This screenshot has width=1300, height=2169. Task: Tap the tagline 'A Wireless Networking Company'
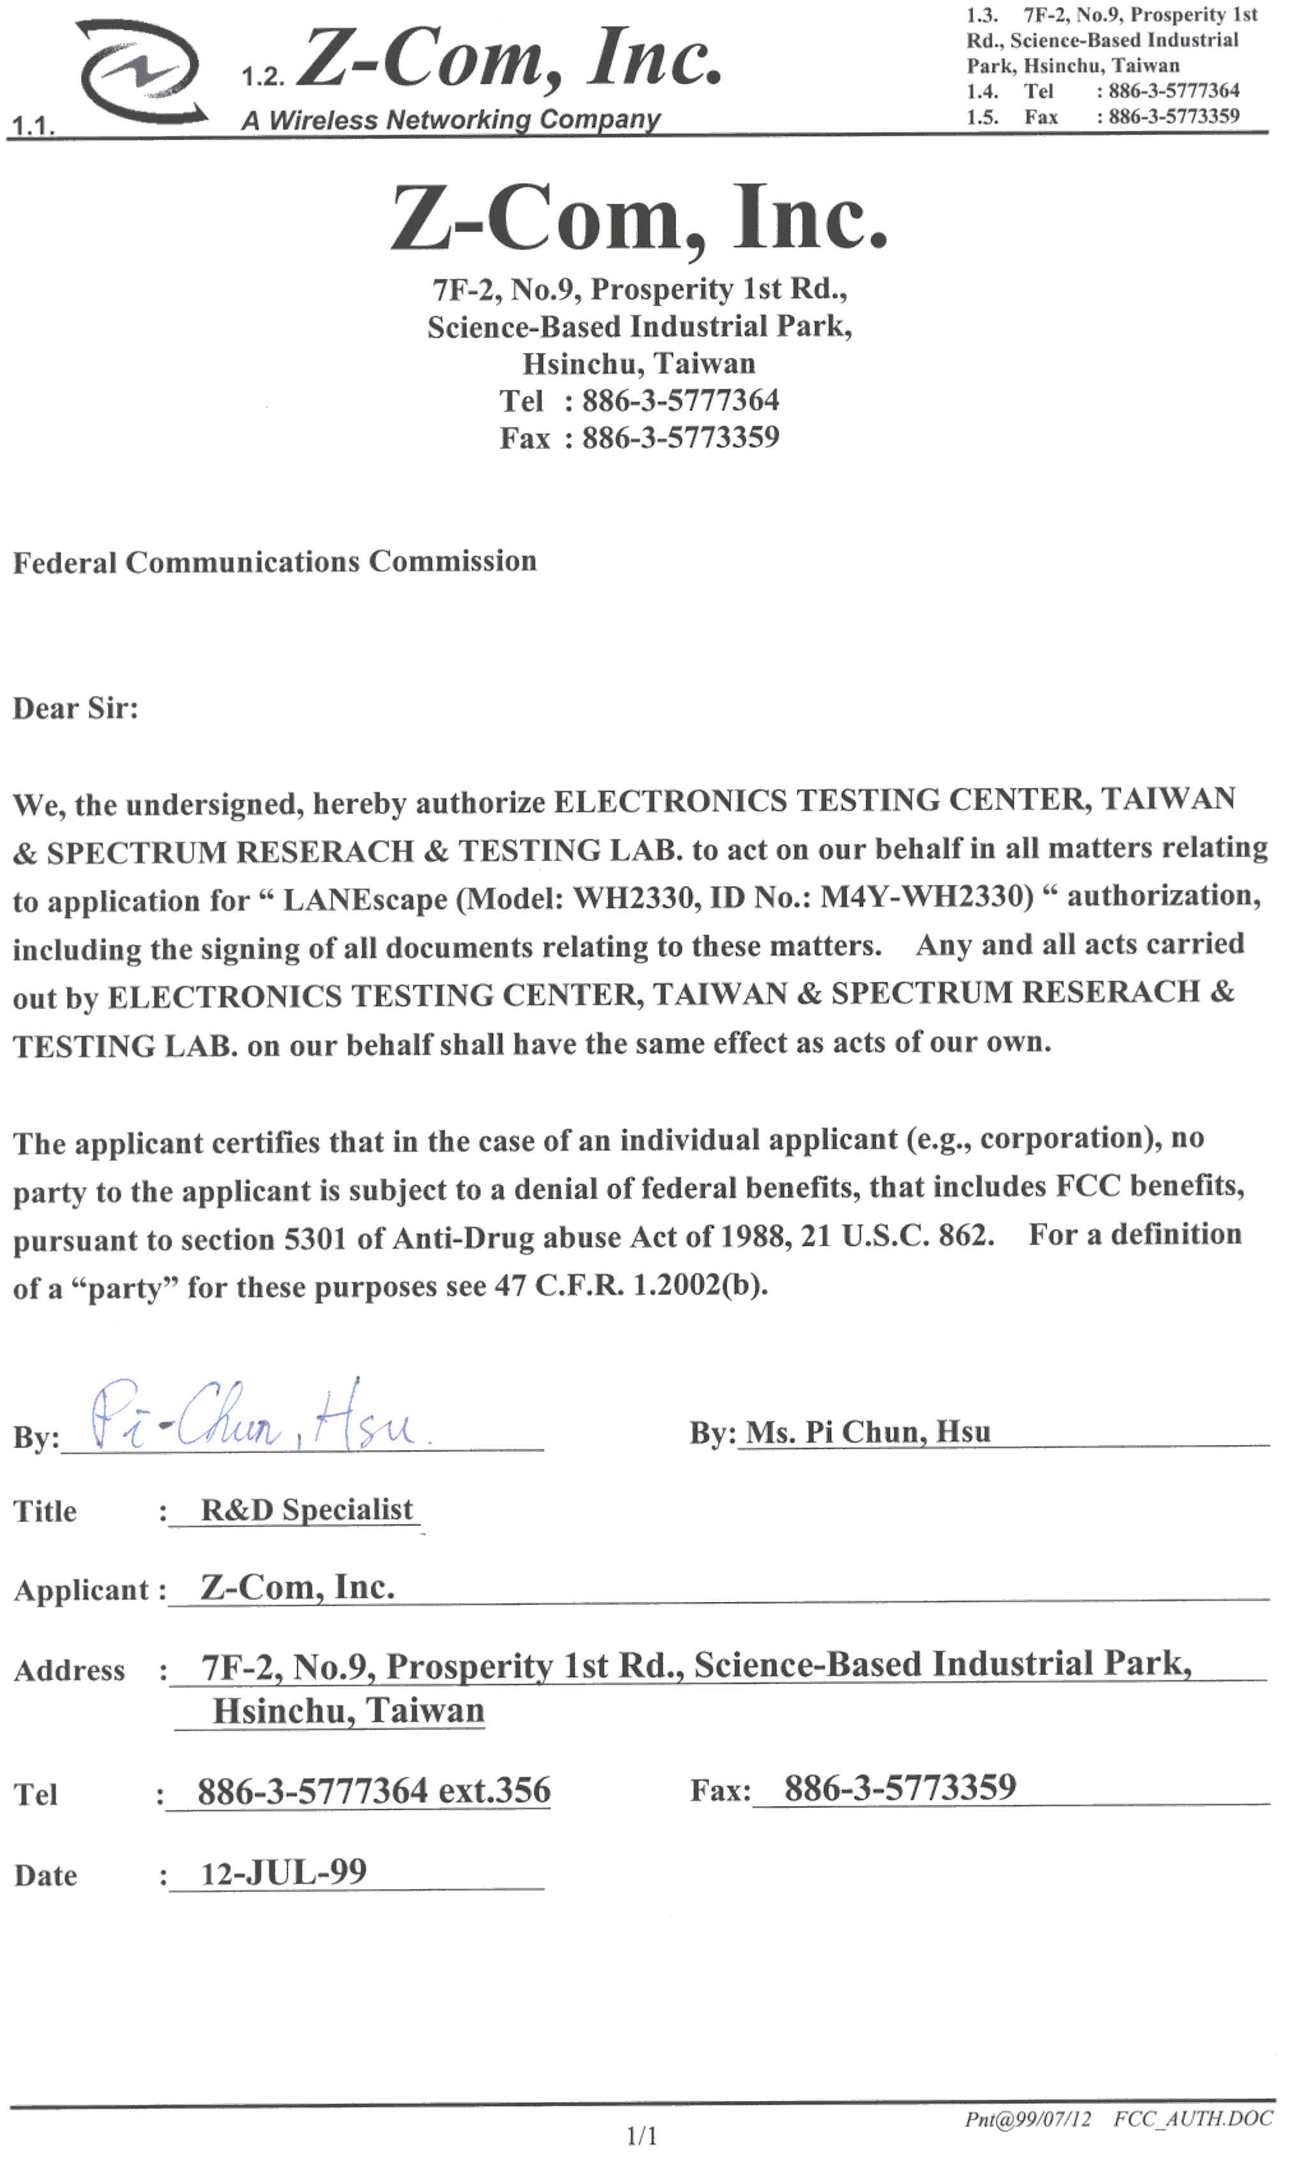[x=450, y=120]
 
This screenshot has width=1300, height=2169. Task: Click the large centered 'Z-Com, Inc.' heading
[x=640, y=218]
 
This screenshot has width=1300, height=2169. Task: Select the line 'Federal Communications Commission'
[x=274, y=561]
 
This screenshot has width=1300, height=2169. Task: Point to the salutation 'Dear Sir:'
[x=75, y=708]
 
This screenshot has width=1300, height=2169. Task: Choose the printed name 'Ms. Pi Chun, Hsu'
[x=868, y=1432]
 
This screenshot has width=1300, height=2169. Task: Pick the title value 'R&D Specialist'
[x=307, y=1509]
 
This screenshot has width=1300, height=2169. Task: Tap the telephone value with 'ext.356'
[x=374, y=1791]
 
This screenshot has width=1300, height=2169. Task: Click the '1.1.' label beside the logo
[x=33, y=126]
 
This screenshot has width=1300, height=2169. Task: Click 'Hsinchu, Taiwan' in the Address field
[x=349, y=1711]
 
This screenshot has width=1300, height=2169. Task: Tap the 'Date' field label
[x=45, y=1876]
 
